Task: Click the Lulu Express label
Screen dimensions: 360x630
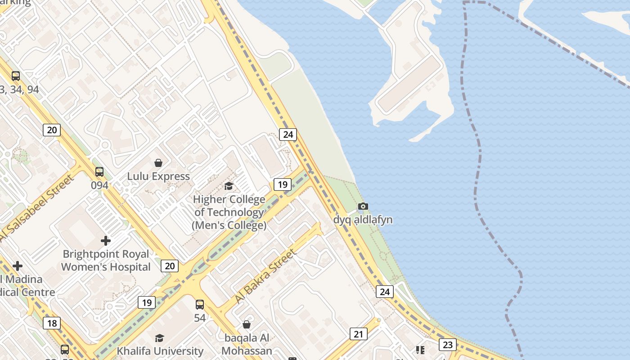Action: [x=158, y=176]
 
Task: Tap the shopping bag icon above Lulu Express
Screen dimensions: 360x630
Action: [x=158, y=163]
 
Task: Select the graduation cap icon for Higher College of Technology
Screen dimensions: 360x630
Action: [x=229, y=186]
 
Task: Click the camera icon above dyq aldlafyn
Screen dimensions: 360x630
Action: [x=363, y=207]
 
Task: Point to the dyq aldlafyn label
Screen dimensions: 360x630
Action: [x=363, y=220]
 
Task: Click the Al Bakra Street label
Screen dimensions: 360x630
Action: [x=265, y=276]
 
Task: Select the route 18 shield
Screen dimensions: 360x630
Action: [x=52, y=323]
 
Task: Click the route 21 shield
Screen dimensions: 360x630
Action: [x=358, y=334]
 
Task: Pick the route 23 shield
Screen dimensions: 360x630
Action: [x=447, y=345]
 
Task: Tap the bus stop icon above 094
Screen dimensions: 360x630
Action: [x=99, y=171]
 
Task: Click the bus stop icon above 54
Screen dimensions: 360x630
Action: [x=200, y=305]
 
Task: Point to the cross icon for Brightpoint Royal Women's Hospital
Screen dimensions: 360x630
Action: [x=106, y=241]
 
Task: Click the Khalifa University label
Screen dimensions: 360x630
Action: [x=160, y=351]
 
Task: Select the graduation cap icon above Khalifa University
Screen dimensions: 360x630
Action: [x=159, y=337]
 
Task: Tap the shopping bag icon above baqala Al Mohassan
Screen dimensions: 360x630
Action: [x=247, y=324]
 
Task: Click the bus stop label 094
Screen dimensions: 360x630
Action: [x=99, y=185]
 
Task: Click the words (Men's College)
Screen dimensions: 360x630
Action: [x=229, y=225]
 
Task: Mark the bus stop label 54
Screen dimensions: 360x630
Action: [x=200, y=318]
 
